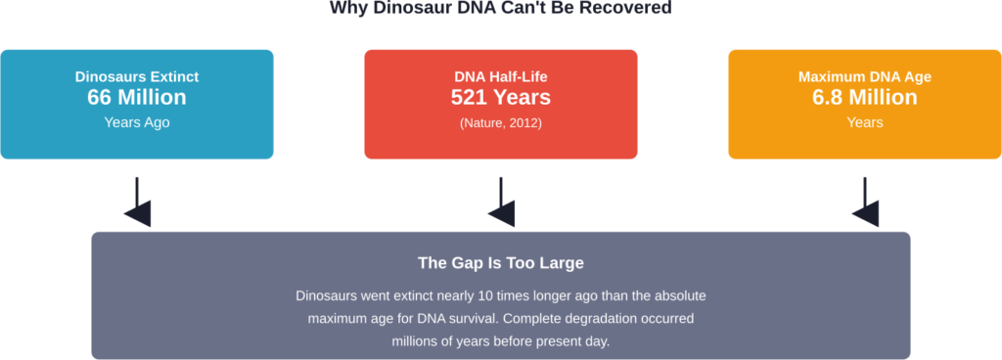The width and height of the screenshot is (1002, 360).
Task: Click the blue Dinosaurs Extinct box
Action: pyautogui.click(x=137, y=104)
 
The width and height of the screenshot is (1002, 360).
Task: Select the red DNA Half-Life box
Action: pyautogui.click(x=500, y=104)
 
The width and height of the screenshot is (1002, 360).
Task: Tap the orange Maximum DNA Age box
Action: pyautogui.click(x=864, y=104)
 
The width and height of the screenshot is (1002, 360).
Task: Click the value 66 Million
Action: pyautogui.click(x=137, y=98)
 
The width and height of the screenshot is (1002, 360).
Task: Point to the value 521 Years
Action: pyautogui.click(x=500, y=98)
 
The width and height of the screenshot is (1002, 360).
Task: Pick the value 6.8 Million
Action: pyautogui.click(x=864, y=98)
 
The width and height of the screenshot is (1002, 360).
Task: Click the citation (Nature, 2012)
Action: pyautogui.click(x=500, y=123)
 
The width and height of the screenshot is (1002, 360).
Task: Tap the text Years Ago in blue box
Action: pyautogui.click(x=137, y=123)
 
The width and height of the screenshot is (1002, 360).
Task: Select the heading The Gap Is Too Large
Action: pyautogui.click(x=500, y=263)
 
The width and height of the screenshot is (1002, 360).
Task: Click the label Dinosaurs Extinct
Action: pyautogui.click(x=137, y=76)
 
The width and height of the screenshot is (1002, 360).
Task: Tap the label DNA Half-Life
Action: pyautogui.click(x=500, y=76)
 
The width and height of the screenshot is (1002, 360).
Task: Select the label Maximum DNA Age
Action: pyautogui.click(x=864, y=76)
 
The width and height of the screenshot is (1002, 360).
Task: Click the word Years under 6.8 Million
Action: pyautogui.click(x=864, y=123)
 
